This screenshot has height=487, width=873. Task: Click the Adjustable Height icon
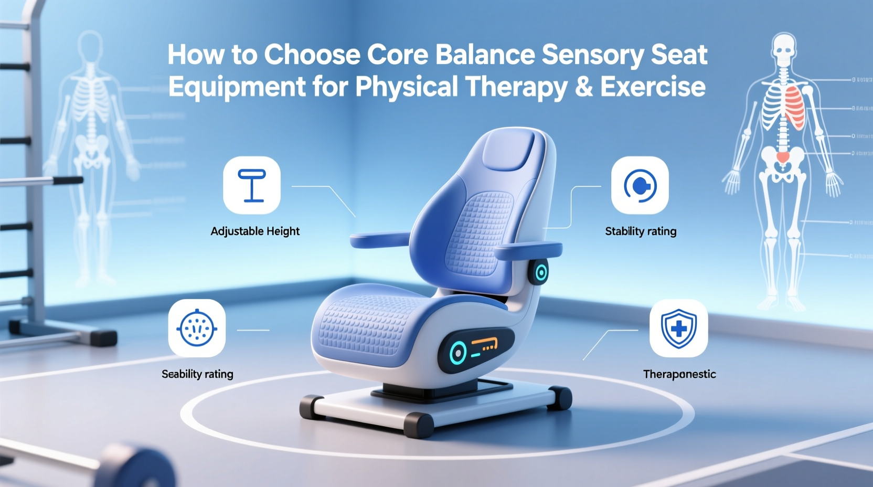click(x=252, y=185)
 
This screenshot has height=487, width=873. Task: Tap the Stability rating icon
click(x=640, y=185)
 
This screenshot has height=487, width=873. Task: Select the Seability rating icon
click(x=197, y=329)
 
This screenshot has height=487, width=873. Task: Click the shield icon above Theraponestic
click(x=678, y=329)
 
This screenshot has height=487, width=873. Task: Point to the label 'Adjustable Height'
click(x=255, y=231)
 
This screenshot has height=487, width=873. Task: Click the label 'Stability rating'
click(x=641, y=231)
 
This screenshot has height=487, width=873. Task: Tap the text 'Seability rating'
click(x=197, y=374)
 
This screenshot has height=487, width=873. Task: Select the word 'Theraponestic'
click(x=679, y=374)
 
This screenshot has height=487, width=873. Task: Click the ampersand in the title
click(x=584, y=87)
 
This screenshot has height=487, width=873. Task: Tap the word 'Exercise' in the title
click(x=653, y=87)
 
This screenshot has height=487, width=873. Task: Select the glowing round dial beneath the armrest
click(x=540, y=272)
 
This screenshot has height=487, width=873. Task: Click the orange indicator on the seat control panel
click(x=484, y=344)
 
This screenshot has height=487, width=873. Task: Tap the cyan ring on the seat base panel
click(x=457, y=352)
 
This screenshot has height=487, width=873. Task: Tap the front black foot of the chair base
click(x=419, y=425)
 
